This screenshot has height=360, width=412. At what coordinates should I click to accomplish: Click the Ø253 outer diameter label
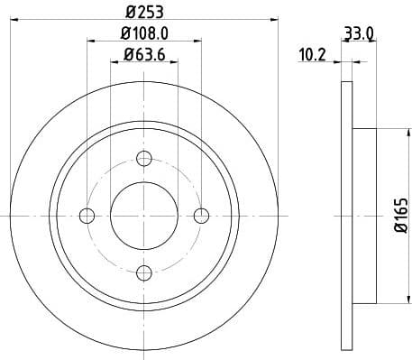pos(143,12)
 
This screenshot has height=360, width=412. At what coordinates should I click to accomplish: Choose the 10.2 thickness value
pos(312,57)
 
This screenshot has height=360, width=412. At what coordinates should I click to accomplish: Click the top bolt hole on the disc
pos(144,159)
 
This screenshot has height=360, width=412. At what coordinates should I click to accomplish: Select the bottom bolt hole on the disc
pos(144,272)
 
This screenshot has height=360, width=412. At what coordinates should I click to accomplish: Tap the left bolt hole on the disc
pos(87,216)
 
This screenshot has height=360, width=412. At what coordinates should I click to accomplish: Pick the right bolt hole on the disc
pos(201,216)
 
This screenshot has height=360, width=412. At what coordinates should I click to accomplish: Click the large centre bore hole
pos(144,216)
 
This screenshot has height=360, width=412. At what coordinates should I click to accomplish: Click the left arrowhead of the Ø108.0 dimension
pos(91,40)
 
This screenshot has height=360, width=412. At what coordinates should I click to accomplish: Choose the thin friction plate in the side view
pos(346,216)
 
